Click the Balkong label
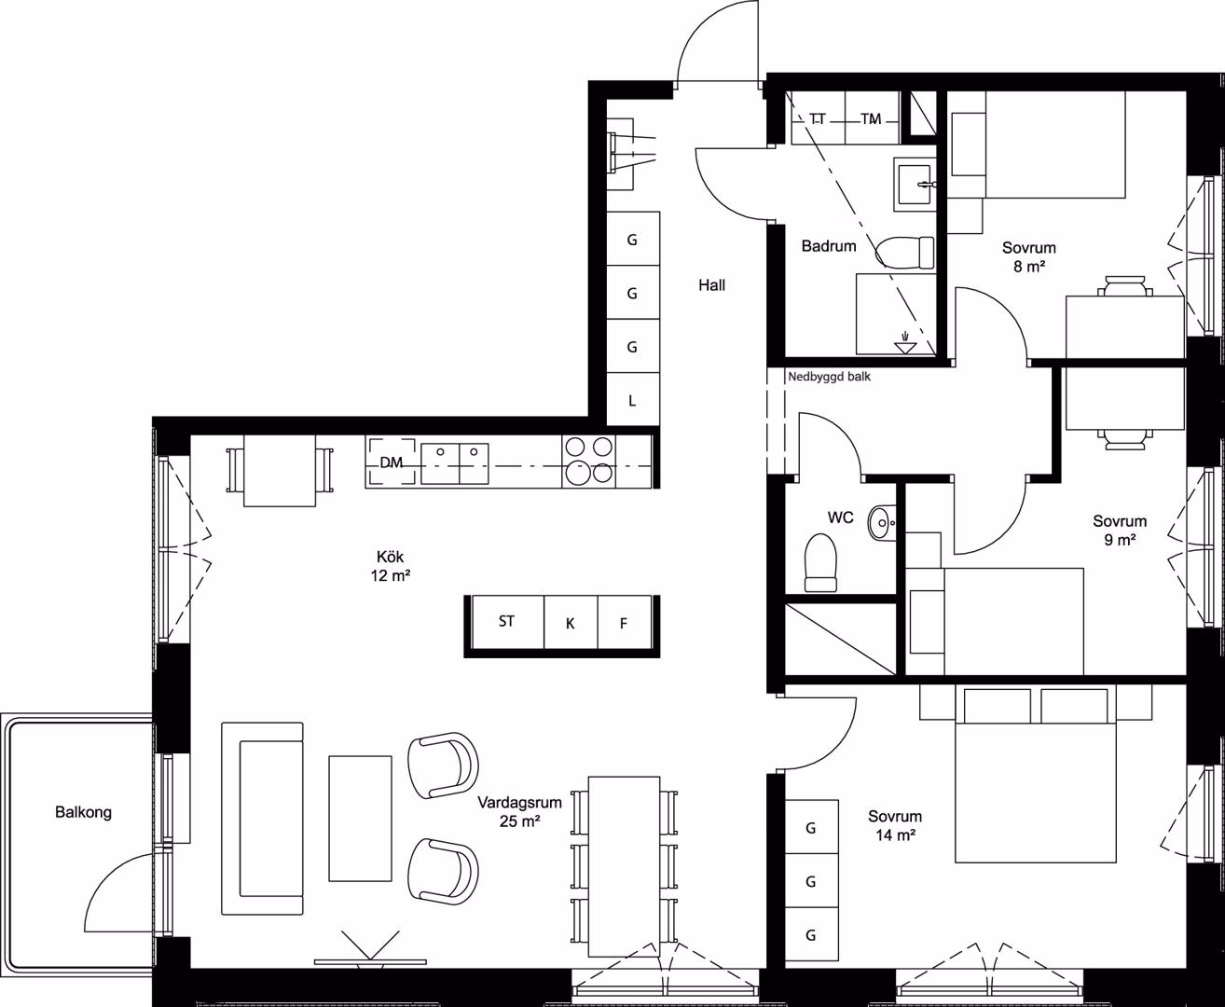83,812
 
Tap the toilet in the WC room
820,562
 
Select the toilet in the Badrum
904,253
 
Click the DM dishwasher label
391,462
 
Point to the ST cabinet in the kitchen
508,622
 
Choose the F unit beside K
625,622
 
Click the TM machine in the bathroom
872,118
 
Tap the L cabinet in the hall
632,399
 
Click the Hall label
711,285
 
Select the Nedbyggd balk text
829,377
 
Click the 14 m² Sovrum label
895,826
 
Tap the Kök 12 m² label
391,566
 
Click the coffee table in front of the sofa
360,819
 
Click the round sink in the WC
882,522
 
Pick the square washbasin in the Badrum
915,185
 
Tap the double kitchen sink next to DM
454,463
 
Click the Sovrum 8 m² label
1028,256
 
